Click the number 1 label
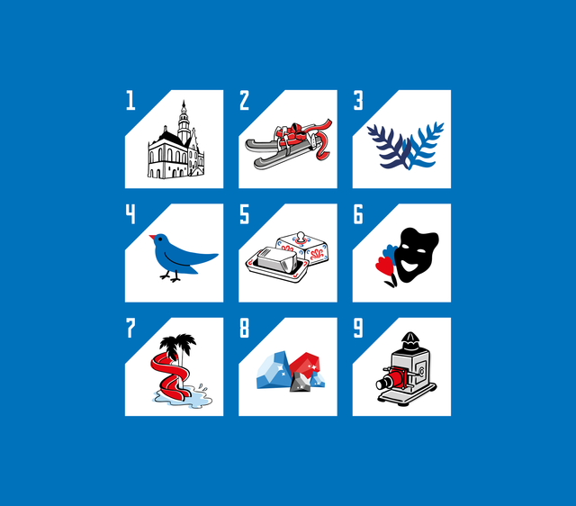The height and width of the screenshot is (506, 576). [x=130, y=100]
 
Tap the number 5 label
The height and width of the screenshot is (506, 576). [x=244, y=214]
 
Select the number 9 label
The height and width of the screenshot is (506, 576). [x=358, y=328]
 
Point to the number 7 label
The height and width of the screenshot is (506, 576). [x=130, y=328]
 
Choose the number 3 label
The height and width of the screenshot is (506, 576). [x=358, y=100]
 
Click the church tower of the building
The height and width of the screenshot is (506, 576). [x=184, y=122]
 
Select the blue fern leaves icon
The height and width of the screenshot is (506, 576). [x=404, y=146]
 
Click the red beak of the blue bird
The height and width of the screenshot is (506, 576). [x=152, y=238]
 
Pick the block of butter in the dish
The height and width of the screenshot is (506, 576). [x=275, y=259]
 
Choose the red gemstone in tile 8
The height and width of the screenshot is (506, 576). [x=307, y=364]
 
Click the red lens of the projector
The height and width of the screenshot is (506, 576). [x=384, y=382]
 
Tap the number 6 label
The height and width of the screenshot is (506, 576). [x=358, y=214]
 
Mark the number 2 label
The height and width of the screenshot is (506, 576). [x=244, y=100]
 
